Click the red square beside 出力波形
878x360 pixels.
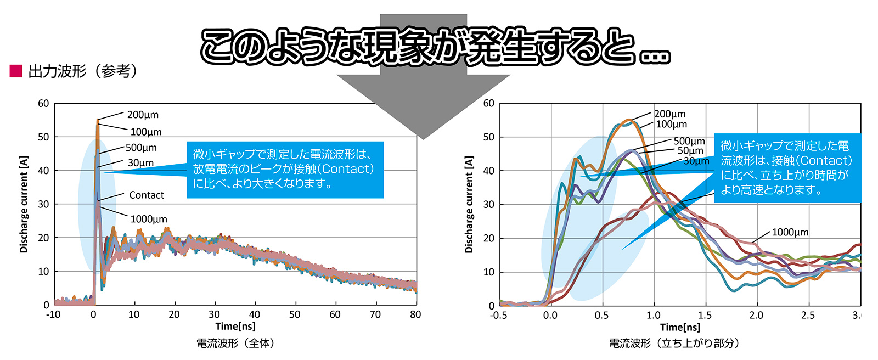(x=16, y=71)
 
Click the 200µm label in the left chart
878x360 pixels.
(x=143, y=115)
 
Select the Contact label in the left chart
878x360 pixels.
(x=147, y=195)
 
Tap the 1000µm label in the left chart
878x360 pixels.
(x=149, y=219)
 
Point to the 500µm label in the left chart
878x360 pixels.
(x=141, y=148)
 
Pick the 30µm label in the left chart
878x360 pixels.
(x=140, y=163)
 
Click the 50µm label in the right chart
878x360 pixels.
(x=690, y=150)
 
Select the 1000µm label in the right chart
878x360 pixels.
(x=790, y=232)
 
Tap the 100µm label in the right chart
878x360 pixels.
(x=672, y=125)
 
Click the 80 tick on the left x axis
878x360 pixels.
(x=415, y=314)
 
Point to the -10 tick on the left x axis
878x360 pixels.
(x=54, y=314)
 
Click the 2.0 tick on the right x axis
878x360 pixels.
(x=757, y=316)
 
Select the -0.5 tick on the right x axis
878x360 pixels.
(x=499, y=316)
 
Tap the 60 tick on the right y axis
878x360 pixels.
(x=489, y=103)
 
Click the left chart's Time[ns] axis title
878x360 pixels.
(x=235, y=327)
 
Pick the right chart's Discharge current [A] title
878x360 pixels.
(x=469, y=204)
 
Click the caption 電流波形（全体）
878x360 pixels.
(x=235, y=343)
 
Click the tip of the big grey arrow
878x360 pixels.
(x=423, y=139)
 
